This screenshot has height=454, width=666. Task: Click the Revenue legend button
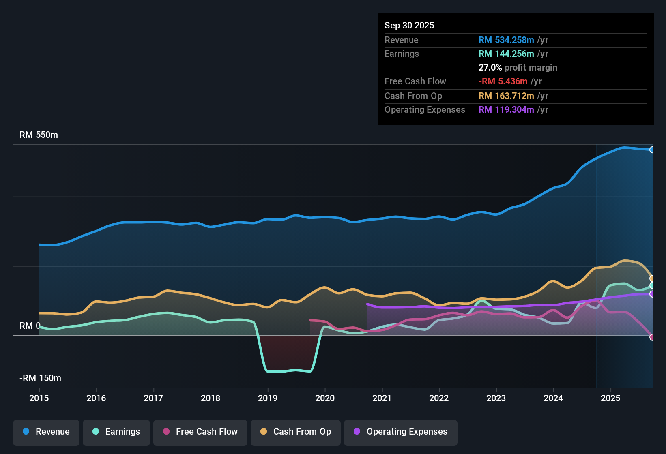(46, 432)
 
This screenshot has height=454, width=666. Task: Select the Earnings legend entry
(116, 432)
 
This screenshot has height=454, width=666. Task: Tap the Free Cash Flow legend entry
(200, 432)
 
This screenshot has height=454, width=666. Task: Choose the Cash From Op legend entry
(296, 432)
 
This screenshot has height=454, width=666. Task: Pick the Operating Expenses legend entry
(401, 432)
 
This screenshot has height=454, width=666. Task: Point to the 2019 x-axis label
(268, 398)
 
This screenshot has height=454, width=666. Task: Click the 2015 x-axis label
(39, 398)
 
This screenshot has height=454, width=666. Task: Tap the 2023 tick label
(496, 398)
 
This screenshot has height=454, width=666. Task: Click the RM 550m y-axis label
(39, 135)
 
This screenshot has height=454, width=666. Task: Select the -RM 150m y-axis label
(40, 378)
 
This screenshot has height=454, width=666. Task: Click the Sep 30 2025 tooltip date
(409, 25)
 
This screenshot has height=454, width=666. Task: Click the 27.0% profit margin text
(518, 67)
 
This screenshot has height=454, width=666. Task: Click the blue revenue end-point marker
(652, 150)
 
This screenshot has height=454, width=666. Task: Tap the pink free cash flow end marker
(652, 337)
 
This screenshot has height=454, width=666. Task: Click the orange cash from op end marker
(652, 278)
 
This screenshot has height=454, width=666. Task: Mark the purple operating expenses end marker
(652, 294)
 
